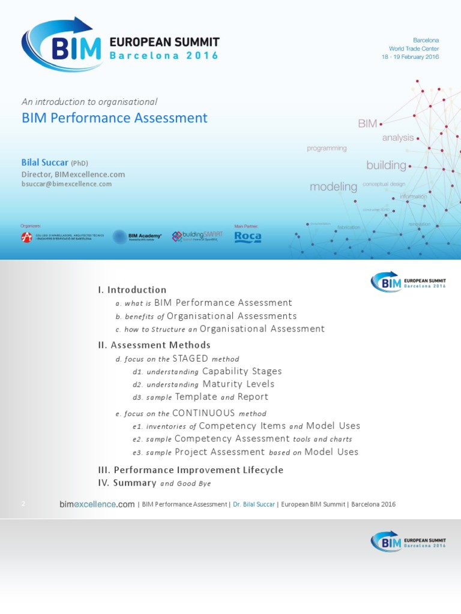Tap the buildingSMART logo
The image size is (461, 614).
(197, 236)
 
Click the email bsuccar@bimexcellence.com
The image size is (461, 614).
(67, 184)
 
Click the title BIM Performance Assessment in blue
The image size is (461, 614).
(115, 118)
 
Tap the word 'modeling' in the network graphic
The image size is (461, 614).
(333, 187)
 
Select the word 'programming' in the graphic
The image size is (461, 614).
(327, 148)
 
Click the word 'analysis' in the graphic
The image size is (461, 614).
(398, 138)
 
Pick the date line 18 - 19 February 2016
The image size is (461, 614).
(410, 57)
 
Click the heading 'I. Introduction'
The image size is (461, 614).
(132, 290)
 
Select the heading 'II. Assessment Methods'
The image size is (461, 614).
(154, 345)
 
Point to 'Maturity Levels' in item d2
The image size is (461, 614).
(238, 384)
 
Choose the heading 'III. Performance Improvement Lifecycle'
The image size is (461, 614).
(190, 470)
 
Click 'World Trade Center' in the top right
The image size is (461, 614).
(414, 49)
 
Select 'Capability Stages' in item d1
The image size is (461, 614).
(242, 372)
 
